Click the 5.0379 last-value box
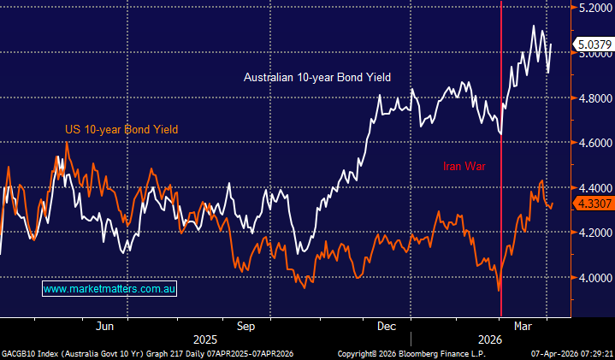tap(592, 44)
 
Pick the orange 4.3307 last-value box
tap(592, 204)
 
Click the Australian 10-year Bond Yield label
tap(316, 78)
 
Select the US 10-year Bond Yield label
tap(121, 130)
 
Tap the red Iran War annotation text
tap(464, 167)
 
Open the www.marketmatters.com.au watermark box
tap(109, 290)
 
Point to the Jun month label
tap(106, 326)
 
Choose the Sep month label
tap(246, 326)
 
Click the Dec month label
tap(386, 326)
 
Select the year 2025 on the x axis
tap(205, 339)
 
